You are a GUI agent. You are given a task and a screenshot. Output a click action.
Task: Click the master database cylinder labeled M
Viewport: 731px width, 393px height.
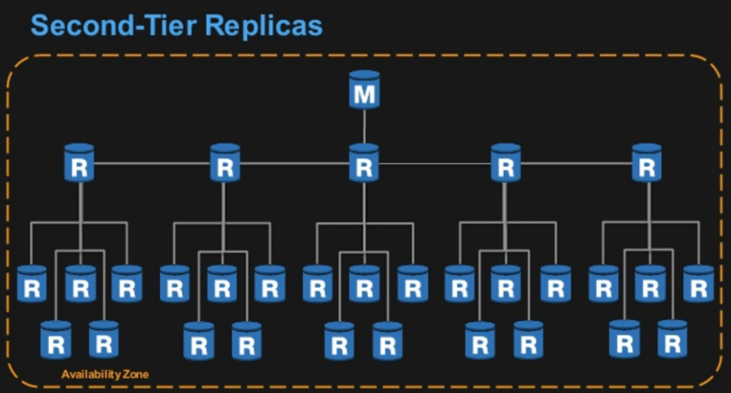(x=364, y=90)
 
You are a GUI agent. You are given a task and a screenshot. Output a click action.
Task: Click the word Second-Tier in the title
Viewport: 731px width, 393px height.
(x=113, y=25)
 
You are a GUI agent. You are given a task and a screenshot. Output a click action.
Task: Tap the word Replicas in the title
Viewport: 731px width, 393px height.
(x=264, y=25)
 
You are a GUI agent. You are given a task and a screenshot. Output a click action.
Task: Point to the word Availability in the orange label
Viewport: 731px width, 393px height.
(x=90, y=374)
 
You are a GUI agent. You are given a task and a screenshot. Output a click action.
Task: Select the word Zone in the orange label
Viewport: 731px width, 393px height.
(x=135, y=374)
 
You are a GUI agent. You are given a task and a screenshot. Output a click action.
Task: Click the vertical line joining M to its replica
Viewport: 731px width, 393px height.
(x=364, y=126)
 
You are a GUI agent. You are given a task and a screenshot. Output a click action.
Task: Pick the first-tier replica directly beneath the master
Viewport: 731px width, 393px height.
(x=364, y=163)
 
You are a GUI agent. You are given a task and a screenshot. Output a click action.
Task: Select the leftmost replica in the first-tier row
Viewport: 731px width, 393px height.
(x=80, y=163)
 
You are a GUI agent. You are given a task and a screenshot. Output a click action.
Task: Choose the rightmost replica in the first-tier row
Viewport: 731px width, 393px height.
(x=647, y=163)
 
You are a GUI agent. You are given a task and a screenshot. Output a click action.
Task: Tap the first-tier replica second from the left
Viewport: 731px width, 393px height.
(x=225, y=163)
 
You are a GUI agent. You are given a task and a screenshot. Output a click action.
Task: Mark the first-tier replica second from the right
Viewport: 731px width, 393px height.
(x=506, y=163)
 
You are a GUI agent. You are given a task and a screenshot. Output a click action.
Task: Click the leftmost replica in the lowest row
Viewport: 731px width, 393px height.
(x=56, y=340)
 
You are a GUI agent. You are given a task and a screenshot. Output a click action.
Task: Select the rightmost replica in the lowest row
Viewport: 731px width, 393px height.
(x=673, y=339)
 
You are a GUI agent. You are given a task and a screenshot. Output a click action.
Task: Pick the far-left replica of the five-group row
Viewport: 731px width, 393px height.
(x=32, y=284)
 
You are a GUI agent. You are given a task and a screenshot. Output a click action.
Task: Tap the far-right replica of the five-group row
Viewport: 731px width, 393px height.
(x=699, y=284)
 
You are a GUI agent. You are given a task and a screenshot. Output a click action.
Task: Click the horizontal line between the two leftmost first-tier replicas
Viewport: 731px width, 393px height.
(x=153, y=163)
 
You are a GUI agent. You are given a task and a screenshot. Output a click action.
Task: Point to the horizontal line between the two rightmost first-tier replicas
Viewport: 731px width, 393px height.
(x=576, y=163)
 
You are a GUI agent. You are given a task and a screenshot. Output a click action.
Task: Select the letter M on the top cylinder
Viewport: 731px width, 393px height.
(x=364, y=94)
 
